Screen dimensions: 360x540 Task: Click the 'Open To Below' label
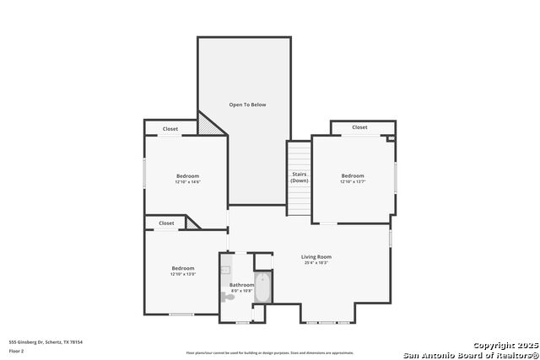point(247,105)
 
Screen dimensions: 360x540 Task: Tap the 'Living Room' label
point(316,256)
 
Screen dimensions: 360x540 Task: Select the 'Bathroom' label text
point(241,285)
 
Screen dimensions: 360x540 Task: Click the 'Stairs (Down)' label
point(299,178)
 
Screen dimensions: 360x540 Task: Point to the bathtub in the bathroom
point(262,288)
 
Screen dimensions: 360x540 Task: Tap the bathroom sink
point(225,271)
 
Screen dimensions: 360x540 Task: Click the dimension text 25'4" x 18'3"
point(316,263)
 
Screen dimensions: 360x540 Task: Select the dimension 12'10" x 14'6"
point(187,182)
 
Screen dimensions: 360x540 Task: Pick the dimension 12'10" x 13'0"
point(183,274)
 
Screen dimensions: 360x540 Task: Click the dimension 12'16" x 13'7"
point(352,182)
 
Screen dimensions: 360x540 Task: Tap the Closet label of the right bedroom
point(359,127)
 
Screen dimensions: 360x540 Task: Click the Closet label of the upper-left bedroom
point(170,129)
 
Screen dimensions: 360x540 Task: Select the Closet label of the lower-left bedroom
point(166,223)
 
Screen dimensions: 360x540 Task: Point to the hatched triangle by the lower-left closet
point(193,223)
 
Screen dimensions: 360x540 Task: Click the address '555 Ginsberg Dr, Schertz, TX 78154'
point(46,341)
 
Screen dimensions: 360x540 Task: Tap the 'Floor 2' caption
point(16,350)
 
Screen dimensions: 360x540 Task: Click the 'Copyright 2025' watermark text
point(504,345)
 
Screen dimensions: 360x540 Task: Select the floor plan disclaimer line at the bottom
point(270,352)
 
